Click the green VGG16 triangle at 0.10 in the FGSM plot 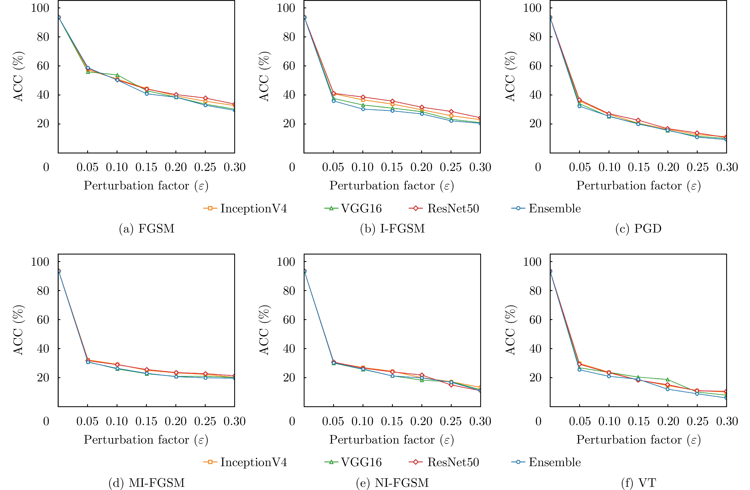tap(117, 75)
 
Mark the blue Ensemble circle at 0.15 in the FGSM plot tap(147, 93)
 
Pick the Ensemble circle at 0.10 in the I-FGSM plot tap(363, 109)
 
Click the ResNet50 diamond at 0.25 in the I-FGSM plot tap(451, 111)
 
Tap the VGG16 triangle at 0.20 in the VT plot tap(668, 380)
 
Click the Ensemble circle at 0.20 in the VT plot tap(668, 389)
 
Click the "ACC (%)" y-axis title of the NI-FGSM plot tap(264, 330)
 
